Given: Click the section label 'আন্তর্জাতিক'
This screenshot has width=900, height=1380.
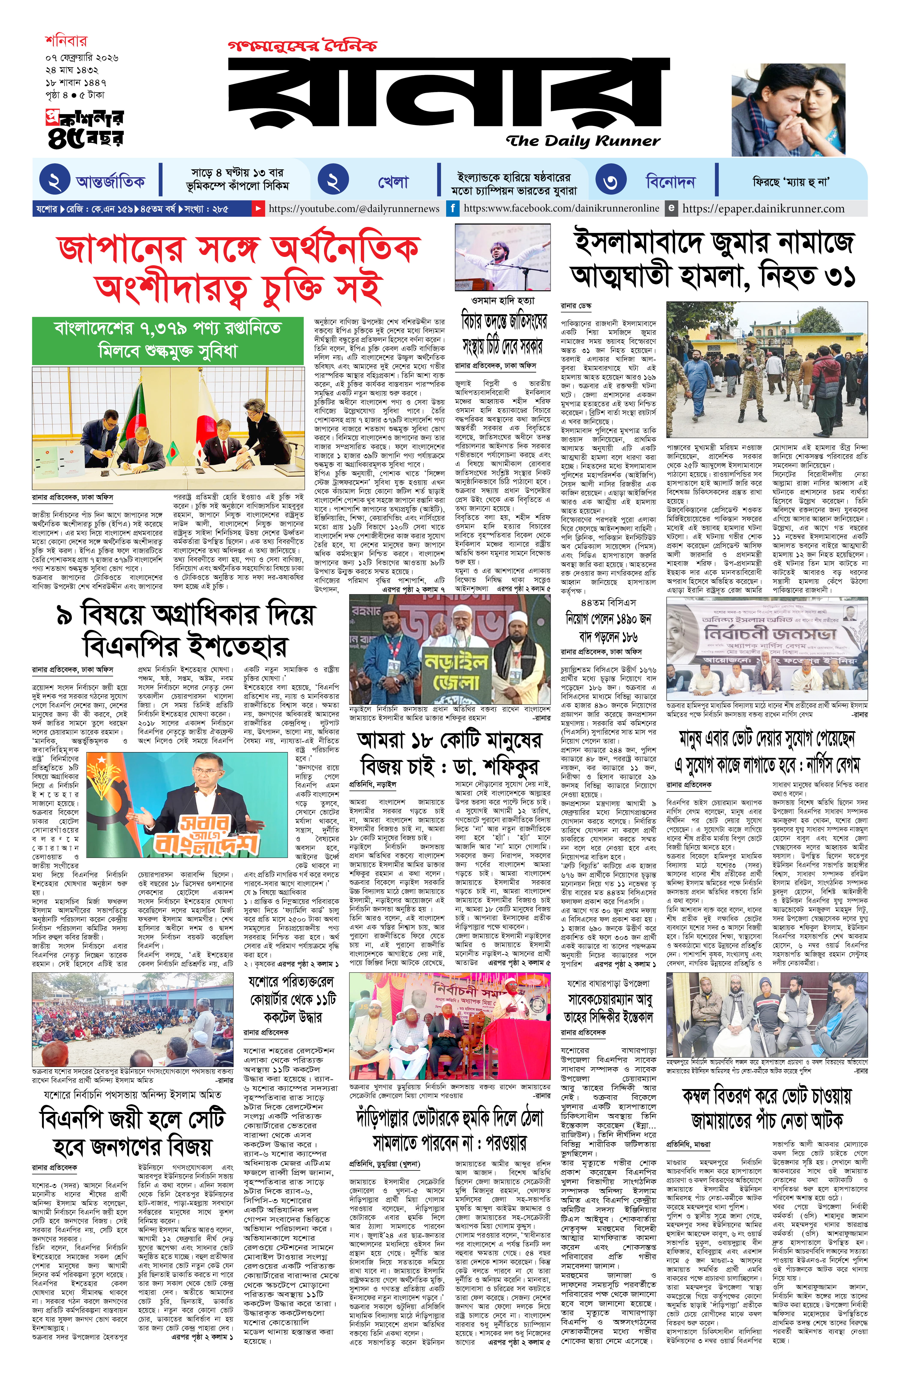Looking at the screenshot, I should (x=110, y=182).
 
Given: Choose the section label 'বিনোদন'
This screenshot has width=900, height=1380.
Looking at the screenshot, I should (x=670, y=182).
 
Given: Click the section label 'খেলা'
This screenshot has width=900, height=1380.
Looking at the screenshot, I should (x=393, y=182).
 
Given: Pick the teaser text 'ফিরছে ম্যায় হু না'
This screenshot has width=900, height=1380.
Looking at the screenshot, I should (x=790, y=182).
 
